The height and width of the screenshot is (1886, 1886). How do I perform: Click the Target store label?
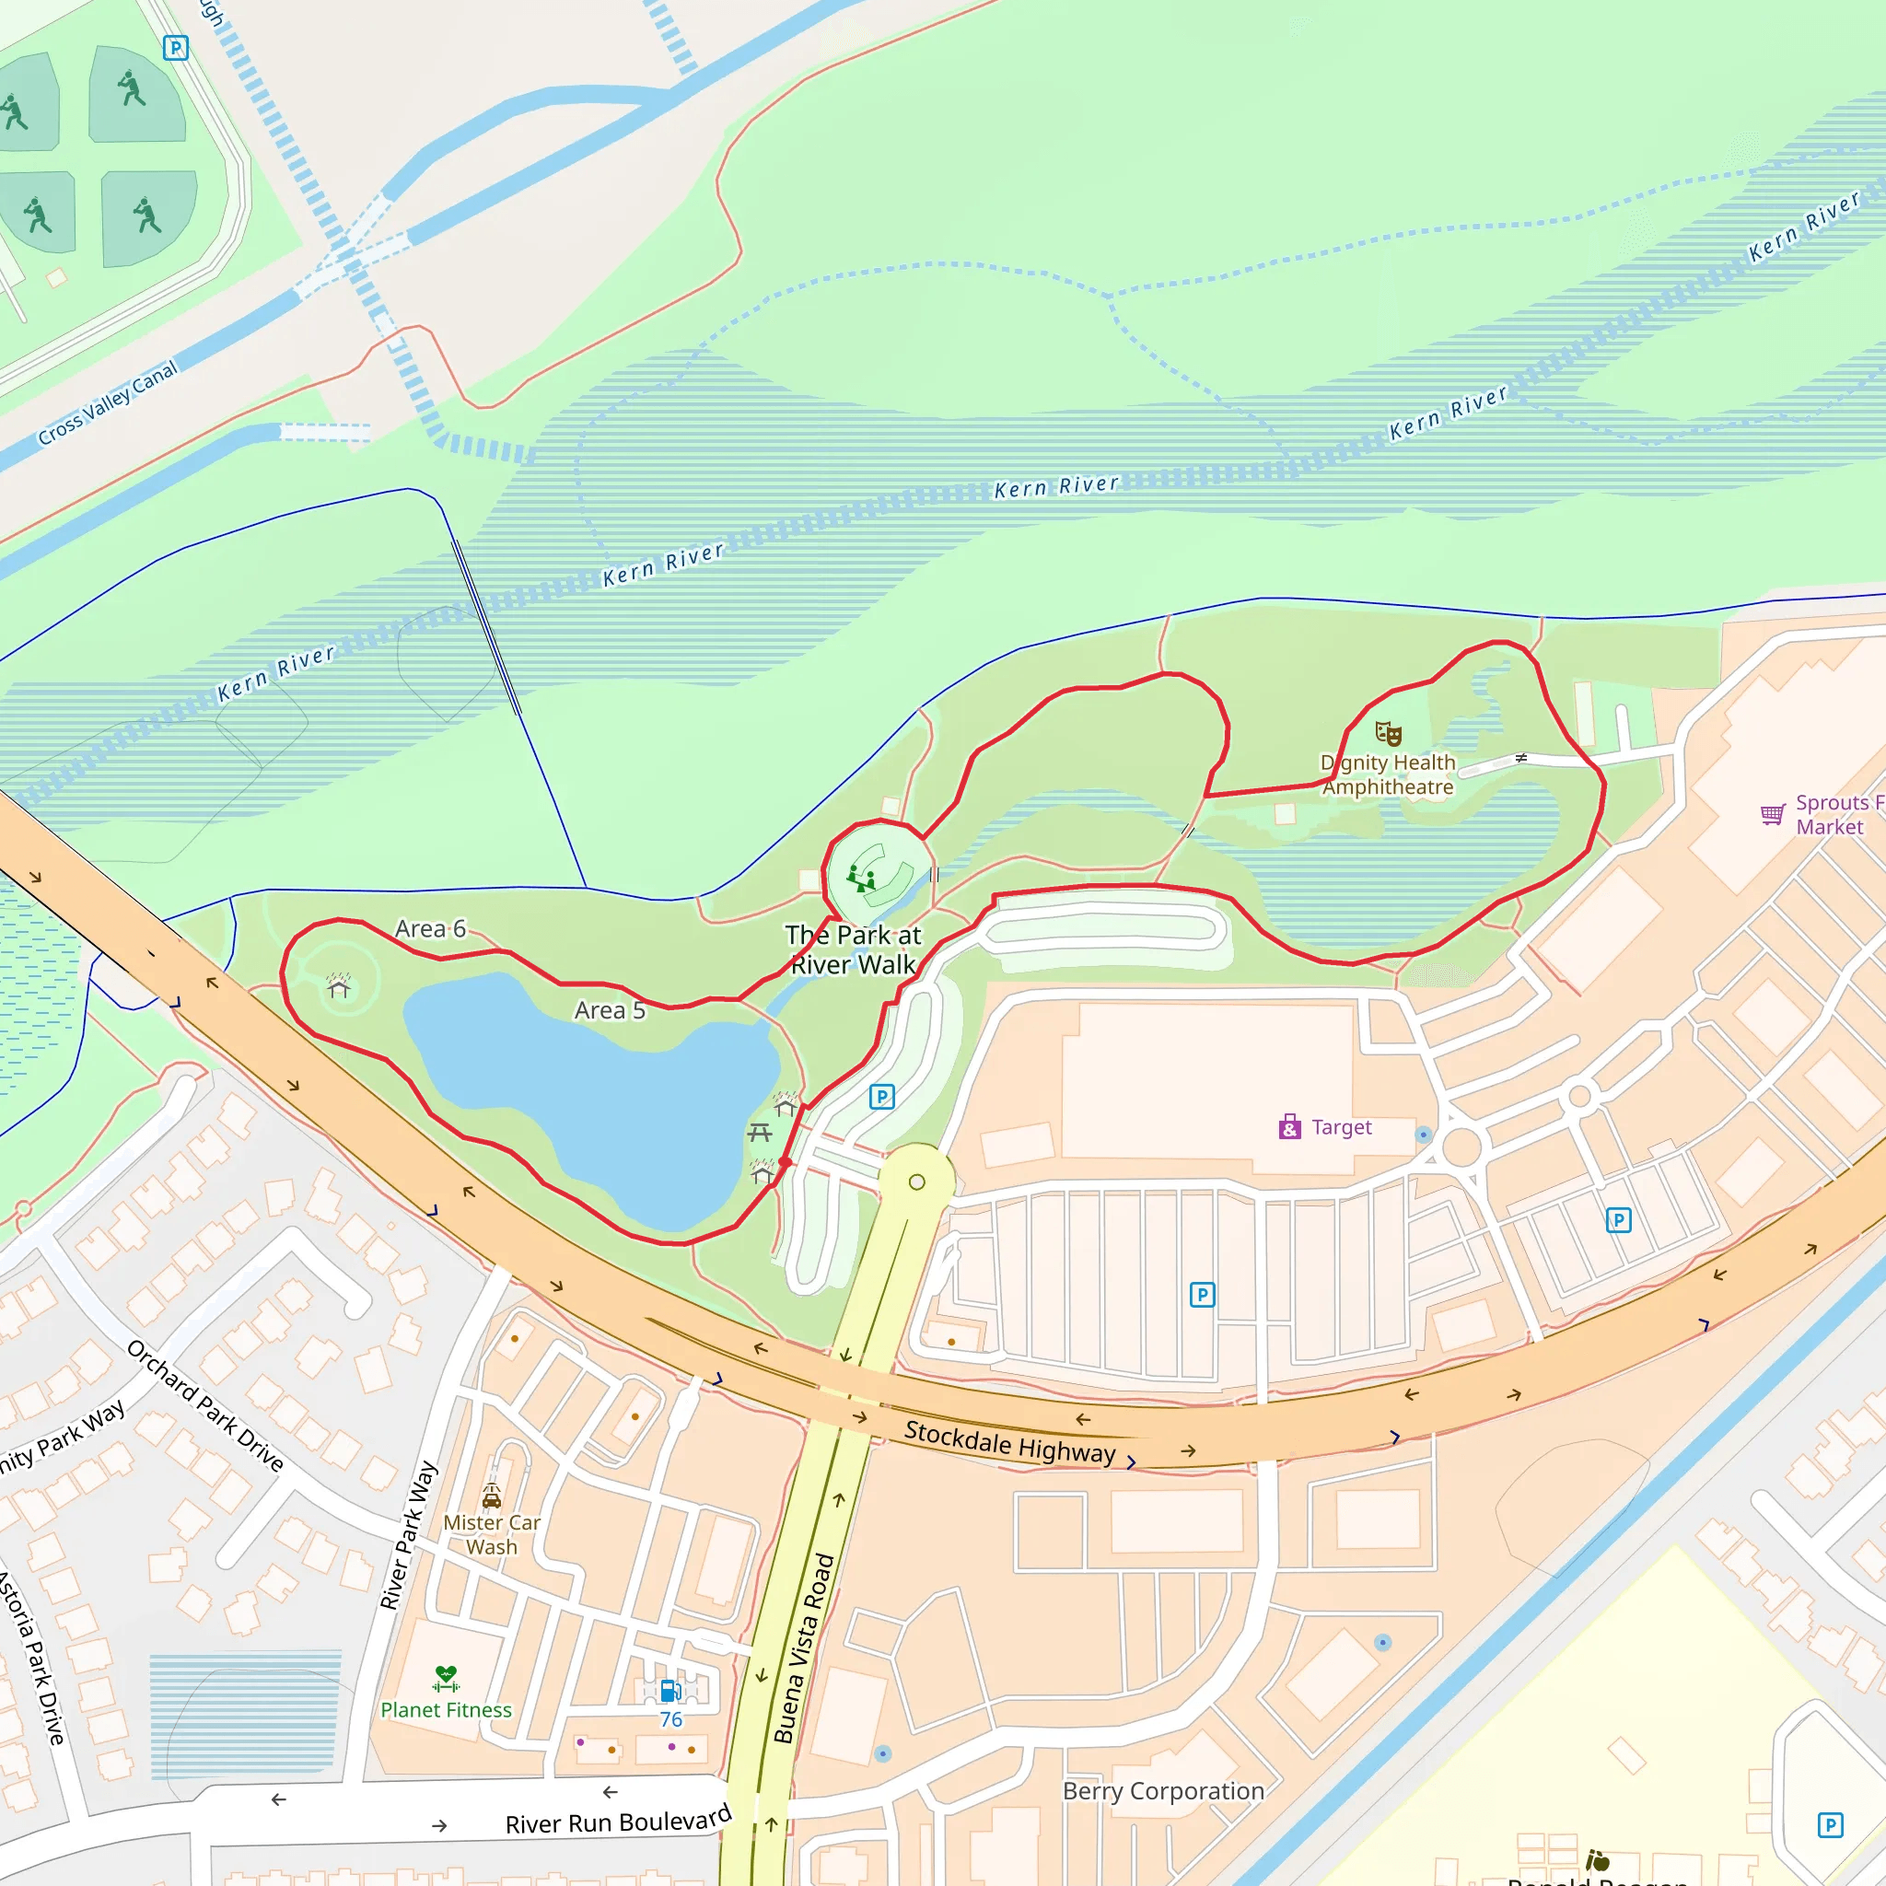click(x=1341, y=1127)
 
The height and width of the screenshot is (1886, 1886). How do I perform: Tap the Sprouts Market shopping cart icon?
click(x=1772, y=814)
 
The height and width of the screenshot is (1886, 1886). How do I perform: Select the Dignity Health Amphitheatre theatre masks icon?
click(x=1388, y=733)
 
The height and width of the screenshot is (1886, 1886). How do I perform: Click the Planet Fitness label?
click(x=446, y=1709)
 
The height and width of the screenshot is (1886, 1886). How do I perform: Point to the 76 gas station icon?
click(x=669, y=1690)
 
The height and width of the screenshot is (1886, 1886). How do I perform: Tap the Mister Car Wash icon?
click(x=492, y=1496)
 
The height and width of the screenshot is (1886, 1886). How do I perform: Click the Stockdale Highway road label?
click(x=1009, y=1443)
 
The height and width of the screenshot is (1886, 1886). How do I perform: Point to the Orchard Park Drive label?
click(x=206, y=1405)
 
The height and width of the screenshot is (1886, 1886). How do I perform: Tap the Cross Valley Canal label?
click(x=108, y=402)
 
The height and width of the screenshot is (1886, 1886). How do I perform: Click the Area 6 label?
click(x=430, y=928)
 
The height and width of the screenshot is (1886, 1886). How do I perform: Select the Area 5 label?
click(x=611, y=1010)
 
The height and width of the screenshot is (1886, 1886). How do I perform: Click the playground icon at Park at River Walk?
click(x=860, y=878)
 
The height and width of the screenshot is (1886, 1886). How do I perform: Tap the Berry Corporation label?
click(x=1163, y=1790)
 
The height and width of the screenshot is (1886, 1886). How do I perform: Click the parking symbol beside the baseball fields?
click(x=176, y=47)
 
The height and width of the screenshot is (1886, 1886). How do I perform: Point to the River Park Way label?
click(x=408, y=1535)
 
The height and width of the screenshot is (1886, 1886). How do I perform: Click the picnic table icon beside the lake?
click(x=760, y=1133)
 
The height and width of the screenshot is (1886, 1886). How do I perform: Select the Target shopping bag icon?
click(x=1289, y=1127)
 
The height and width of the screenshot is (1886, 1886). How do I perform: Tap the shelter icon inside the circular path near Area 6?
click(x=339, y=986)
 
